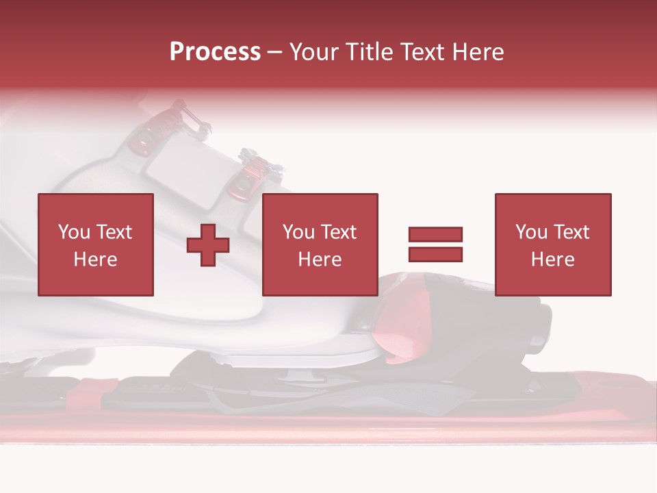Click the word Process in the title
point(215,52)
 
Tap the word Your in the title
point(314,52)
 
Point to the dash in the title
point(275,53)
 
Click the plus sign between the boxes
point(208,245)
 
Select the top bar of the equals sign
point(435,234)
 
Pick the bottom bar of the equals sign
point(435,254)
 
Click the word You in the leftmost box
point(73,232)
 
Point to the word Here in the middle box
point(320,260)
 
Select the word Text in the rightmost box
point(571,232)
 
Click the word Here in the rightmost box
point(552,260)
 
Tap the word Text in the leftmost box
point(114,232)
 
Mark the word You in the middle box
point(298,232)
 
